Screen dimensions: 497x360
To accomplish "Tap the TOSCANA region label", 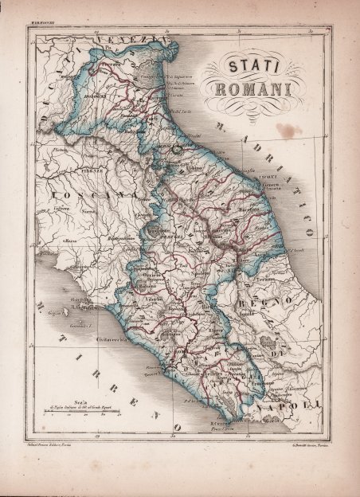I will pos(84,196).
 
